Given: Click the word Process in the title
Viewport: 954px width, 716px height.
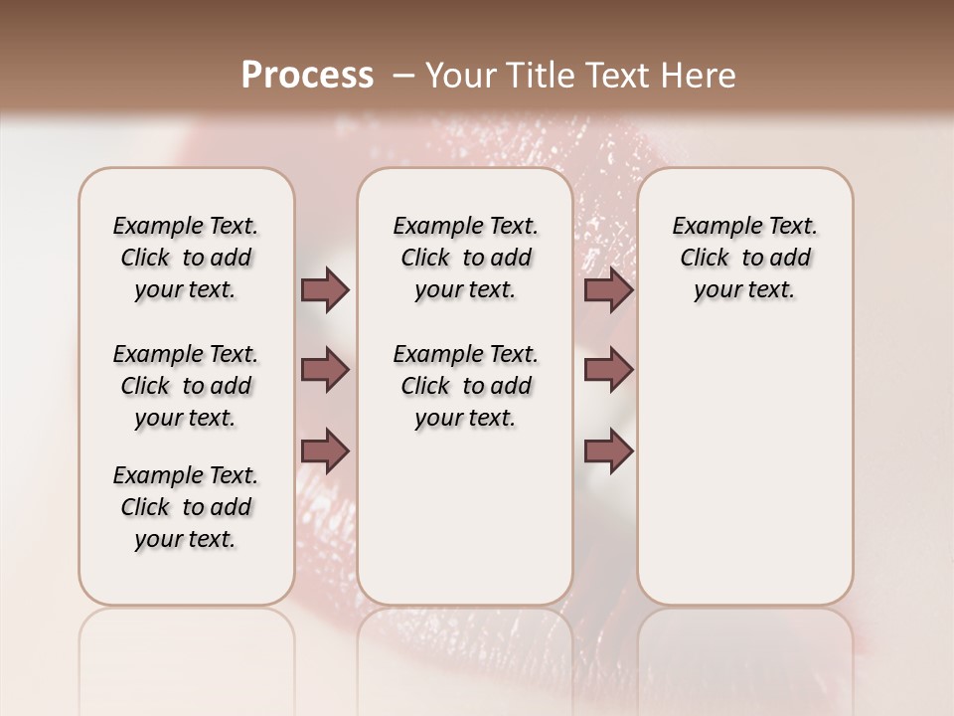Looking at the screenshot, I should [307, 76].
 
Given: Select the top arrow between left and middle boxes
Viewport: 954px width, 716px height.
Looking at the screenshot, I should [325, 290].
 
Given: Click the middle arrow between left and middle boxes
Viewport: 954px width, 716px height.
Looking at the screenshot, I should [325, 370].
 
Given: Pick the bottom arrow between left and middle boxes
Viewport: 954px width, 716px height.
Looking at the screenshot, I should [325, 450].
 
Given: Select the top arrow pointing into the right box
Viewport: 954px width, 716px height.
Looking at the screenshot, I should [608, 290].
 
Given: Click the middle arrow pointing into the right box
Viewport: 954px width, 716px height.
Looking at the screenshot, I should [608, 370].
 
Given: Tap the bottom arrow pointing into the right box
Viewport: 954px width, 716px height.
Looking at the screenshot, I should [608, 450].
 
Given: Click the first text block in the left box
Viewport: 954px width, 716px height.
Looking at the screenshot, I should [186, 258].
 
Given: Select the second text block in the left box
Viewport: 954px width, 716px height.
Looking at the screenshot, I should [186, 386].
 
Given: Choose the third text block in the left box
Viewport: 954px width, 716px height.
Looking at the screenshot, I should [186, 507].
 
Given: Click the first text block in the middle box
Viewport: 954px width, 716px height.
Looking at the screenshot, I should [465, 258].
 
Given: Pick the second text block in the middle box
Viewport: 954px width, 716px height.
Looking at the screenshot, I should [465, 386].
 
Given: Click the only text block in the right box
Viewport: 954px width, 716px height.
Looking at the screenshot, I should [744, 258].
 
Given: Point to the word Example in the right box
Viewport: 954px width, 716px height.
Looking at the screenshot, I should [708, 227].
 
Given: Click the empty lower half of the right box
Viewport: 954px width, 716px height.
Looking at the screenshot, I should [744, 477].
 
